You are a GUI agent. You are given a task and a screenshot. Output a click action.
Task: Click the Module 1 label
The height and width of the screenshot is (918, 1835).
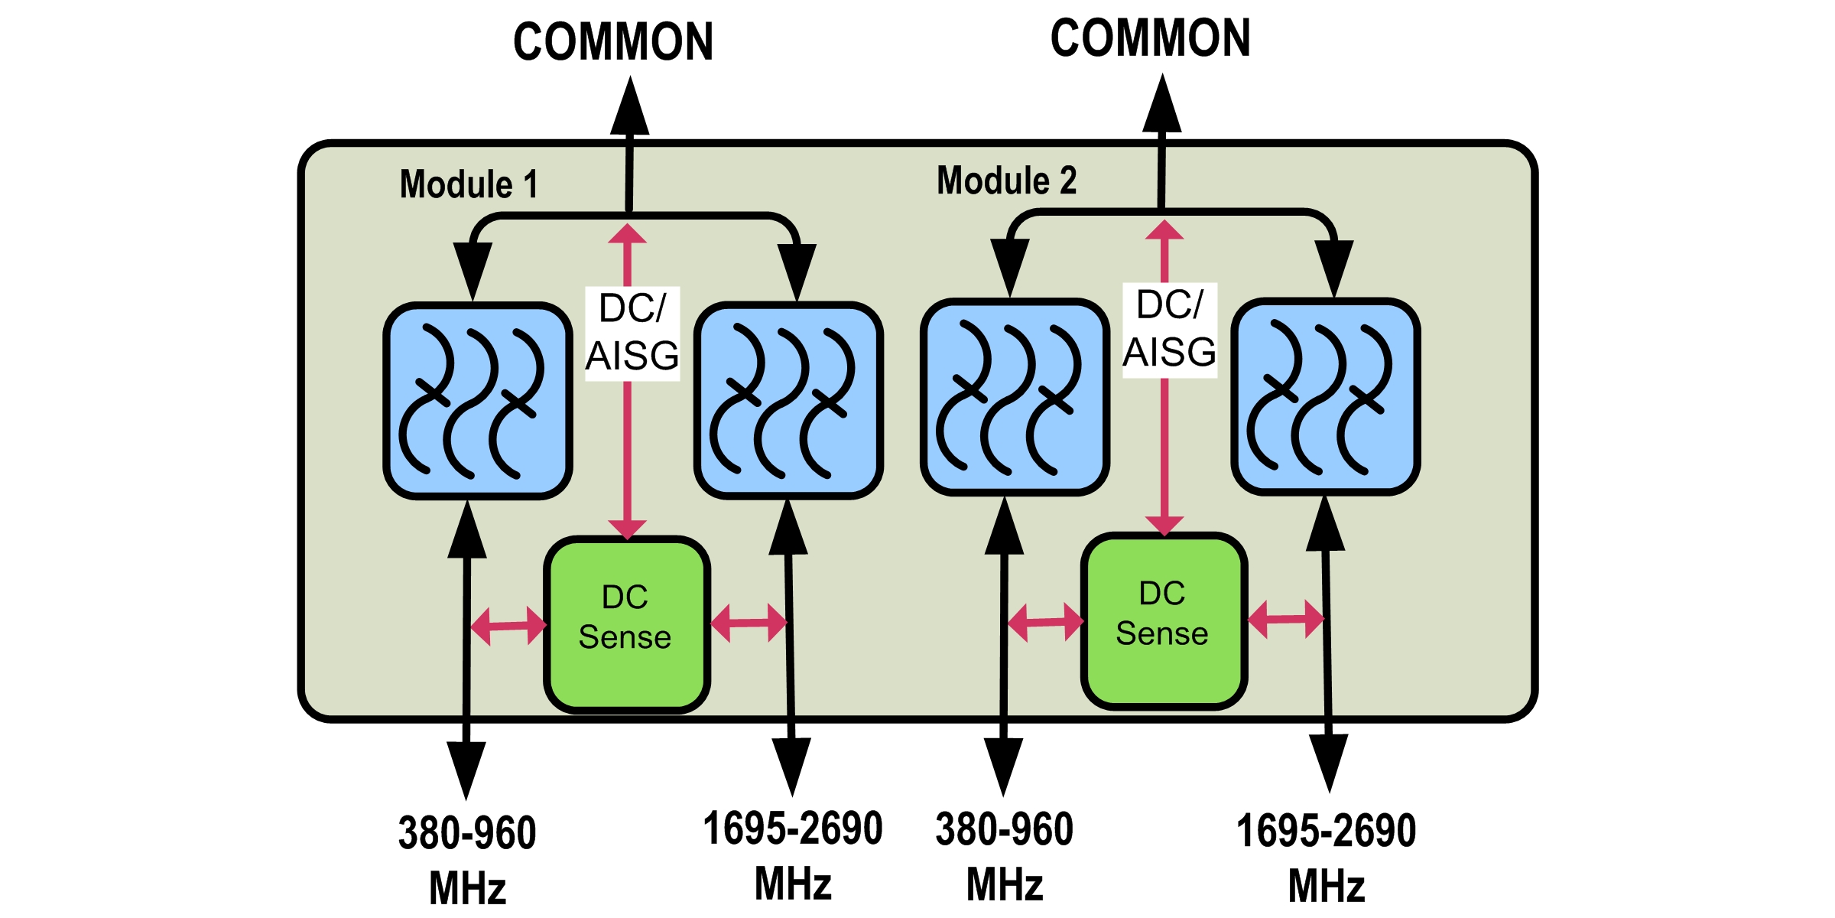tap(469, 184)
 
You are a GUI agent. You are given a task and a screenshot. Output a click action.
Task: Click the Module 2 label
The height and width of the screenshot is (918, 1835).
tap(1006, 181)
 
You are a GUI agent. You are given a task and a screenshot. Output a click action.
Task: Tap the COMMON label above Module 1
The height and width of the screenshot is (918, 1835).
tap(613, 42)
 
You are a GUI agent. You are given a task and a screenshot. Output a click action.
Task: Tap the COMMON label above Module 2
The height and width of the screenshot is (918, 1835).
tap(1150, 38)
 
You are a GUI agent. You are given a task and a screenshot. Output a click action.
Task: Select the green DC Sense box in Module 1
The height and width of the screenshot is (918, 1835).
tap(627, 624)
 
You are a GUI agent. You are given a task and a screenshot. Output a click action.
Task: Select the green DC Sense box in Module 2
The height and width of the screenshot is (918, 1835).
tap(1164, 620)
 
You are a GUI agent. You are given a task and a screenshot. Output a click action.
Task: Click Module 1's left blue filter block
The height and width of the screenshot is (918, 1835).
tap(478, 401)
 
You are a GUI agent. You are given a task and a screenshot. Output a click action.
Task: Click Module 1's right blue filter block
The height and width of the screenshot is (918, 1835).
tap(788, 400)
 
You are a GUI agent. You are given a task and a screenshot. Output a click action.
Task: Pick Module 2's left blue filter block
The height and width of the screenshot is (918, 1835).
tap(1015, 397)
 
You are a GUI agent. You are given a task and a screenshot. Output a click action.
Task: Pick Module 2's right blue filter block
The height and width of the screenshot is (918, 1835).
tap(1326, 396)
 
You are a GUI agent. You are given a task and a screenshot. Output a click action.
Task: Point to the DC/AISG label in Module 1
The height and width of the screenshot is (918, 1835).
tap(632, 333)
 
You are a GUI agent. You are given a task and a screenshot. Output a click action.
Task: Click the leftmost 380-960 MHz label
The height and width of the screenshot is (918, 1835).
tap(467, 859)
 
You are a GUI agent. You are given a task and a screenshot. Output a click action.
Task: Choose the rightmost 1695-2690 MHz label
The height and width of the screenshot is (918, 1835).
tap(1326, 858)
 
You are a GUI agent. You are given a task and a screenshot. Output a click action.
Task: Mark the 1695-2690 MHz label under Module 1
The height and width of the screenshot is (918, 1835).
tap(793, 855)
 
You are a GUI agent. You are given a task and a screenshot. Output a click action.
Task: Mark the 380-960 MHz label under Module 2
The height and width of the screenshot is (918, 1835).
tap(1005, 856)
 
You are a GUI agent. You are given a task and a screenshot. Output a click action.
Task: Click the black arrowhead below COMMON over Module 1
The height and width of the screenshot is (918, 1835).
tap(630, 107)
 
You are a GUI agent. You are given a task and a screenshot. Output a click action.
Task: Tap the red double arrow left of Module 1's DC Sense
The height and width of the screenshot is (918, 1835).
tap(508, 626)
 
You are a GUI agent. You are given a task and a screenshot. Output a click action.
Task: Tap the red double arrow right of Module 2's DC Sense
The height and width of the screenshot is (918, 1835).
tap(1286, 619)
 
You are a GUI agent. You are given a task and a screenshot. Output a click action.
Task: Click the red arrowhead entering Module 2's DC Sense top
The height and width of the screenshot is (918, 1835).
tap(1164, 525)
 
